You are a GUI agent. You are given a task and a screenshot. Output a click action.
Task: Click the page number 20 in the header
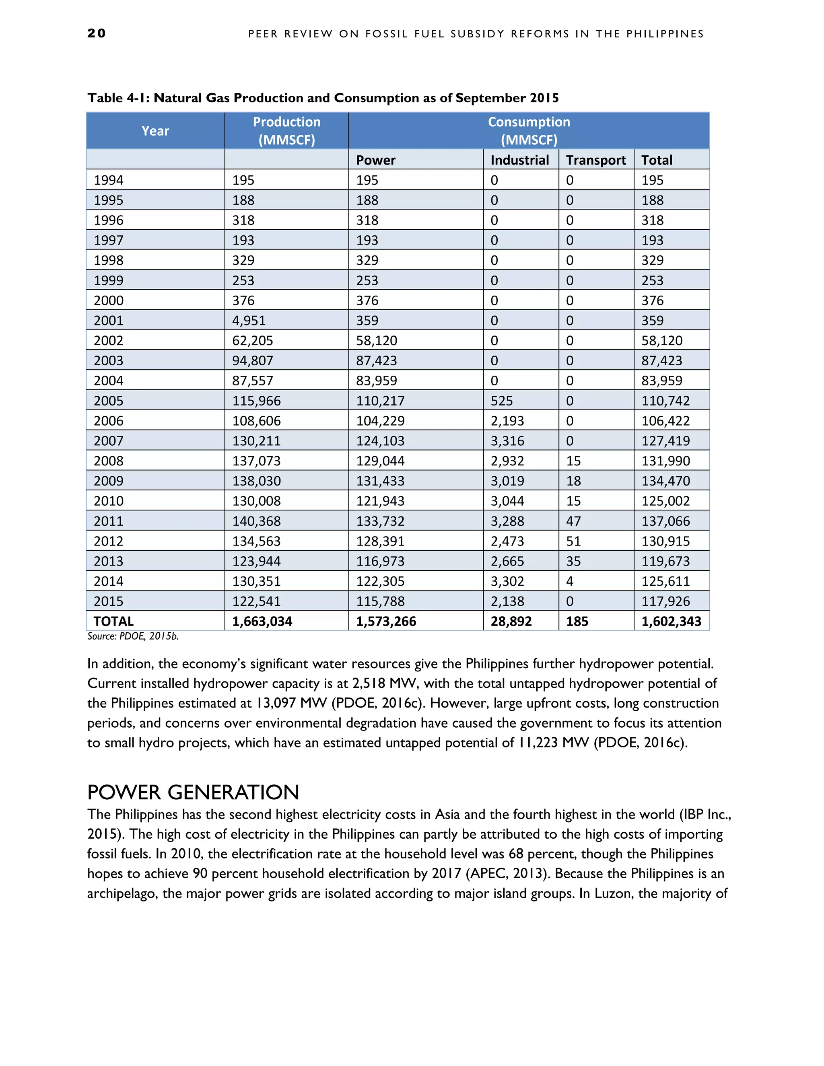tap(96, 33)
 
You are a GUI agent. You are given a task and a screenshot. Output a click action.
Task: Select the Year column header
tap(155, 131)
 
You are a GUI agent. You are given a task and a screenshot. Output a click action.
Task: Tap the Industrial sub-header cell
tap(519, 160)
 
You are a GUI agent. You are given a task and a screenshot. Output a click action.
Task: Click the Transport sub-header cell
tap(595, 160)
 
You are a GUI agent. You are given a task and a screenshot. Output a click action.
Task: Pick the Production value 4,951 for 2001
tap(249, 321)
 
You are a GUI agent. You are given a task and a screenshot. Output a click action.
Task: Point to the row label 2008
tap(108, 461)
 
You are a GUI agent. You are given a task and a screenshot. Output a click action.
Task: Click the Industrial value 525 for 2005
tap(501, 401)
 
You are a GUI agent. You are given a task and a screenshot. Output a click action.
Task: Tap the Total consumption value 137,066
tap(665, 521)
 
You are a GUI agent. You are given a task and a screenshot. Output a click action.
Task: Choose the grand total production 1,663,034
tap(262, 621)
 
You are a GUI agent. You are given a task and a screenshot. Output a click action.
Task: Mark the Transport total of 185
tap(577, 621)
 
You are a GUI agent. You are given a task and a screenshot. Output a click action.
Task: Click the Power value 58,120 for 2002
tap(376, 341)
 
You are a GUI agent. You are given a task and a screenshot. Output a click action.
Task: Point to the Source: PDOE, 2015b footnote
tap(133, 636)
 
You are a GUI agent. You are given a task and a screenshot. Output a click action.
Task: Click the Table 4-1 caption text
tap(323, 98)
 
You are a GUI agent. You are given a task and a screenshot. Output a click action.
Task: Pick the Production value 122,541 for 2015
tap(256, 601)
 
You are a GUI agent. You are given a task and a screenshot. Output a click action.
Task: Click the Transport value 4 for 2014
tap(569, 581)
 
